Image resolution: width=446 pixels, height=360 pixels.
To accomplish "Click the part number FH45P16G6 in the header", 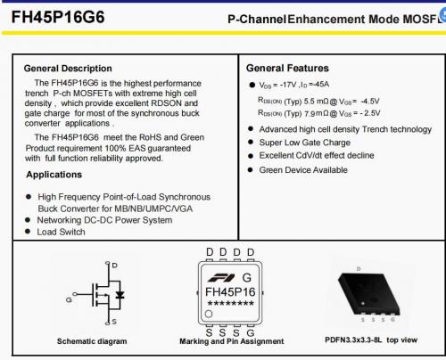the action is (58, 17).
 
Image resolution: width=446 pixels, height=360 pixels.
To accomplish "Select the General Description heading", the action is (68, 69).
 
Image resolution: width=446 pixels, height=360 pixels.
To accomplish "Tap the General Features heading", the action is (287, 68).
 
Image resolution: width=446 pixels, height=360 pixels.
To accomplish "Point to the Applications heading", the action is (54, 175).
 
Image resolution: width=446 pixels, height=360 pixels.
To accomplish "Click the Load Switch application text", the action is (61, 232).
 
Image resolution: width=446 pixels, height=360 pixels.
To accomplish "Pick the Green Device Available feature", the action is (303, 170).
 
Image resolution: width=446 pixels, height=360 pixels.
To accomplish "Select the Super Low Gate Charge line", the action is (305, 143).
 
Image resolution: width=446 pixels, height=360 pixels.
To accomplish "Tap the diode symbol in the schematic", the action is (120, 295).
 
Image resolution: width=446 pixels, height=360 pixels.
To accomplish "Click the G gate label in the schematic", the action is (69, 299).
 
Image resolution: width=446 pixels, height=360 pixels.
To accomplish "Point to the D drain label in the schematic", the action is (115, 266).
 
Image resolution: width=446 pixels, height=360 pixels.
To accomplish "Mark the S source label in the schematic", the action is (114, 322).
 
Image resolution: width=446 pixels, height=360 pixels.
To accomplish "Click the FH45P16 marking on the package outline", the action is (230, 292).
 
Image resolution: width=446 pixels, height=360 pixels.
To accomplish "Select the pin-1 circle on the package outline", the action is (209, 314).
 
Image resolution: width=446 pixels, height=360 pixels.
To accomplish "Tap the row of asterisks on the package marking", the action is (231, 304).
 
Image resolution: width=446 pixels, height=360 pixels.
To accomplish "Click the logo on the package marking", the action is (221, 277).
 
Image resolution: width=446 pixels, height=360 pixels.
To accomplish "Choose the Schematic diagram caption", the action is (92, 341).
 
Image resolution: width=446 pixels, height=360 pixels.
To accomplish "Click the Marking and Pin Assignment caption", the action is (232, 341).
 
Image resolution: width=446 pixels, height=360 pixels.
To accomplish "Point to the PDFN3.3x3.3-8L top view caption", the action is (371, 340).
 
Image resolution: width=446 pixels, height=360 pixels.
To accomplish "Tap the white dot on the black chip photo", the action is (363, 304).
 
